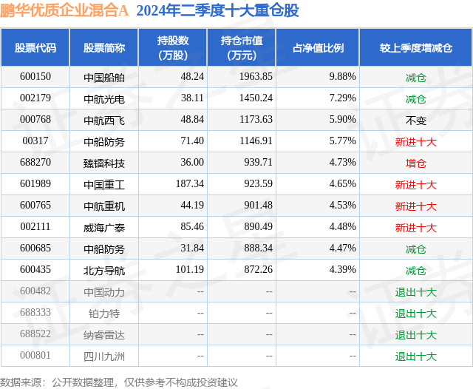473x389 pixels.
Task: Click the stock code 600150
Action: (x=35, y=77)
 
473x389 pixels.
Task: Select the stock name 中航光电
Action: (x=104, y=98)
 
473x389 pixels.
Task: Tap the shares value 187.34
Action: (x=190, y=184)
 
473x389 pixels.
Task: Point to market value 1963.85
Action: (x=256, y=77)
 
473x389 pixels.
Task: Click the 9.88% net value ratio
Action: (x=342, y=77)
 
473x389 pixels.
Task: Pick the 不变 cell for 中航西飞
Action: (x=415, y=121)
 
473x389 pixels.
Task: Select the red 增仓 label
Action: (x=415, y=163)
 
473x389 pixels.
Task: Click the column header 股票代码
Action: (x=35, y=47)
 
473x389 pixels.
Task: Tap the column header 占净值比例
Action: (x=318, y=47)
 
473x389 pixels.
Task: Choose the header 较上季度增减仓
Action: (x=416, y=47)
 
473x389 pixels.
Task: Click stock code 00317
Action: (x=35, y=141)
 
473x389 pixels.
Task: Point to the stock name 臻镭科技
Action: (x=104, y=163)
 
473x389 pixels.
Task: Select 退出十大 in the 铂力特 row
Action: (x=415, y=314)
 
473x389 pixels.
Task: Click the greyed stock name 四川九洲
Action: (x=104, y=356)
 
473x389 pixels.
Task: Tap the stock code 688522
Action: (x=35, y=334)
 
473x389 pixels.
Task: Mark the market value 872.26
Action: (x=258, y=269)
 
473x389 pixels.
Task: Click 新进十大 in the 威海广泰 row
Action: (x=415, y=228)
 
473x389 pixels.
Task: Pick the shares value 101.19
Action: (x=190, y=269)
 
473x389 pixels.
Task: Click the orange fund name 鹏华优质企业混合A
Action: (x=64, y=10)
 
